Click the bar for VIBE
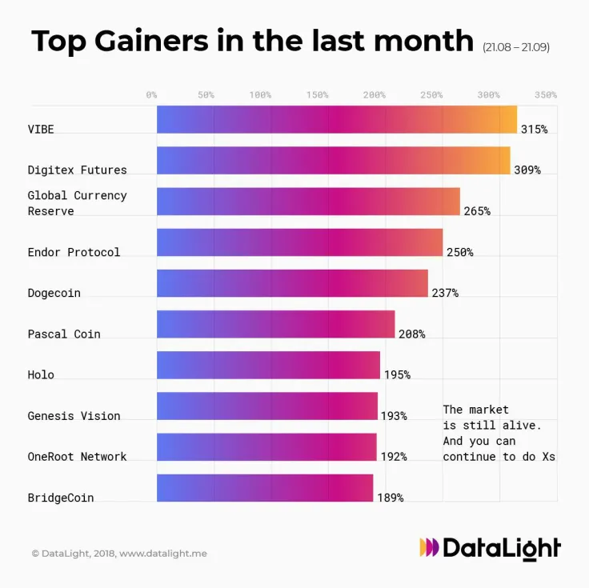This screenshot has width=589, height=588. click(336, 119)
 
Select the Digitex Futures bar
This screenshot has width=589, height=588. click(333, 160)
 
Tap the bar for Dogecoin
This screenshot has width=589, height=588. click(292, 283)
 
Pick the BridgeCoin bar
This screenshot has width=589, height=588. click(265, 488)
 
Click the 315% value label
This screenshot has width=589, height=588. click(534, 129)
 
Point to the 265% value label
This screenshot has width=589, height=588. click(476, 211)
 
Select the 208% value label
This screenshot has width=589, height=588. click(411, 334)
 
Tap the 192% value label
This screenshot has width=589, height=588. click(393, 457)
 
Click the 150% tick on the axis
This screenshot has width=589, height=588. click(317, 94)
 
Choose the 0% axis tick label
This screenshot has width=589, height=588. click(151, 94)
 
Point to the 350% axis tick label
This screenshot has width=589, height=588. click(545, 94)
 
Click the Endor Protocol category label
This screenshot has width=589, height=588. click(74, 252)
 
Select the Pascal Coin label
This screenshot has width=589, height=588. click(64, 334)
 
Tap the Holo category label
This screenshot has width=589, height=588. click(41, 374)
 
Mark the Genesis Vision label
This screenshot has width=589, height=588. click(74, 416)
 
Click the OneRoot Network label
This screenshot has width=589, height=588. click(77, 457)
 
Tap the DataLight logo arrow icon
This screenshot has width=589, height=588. click(429, 548)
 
